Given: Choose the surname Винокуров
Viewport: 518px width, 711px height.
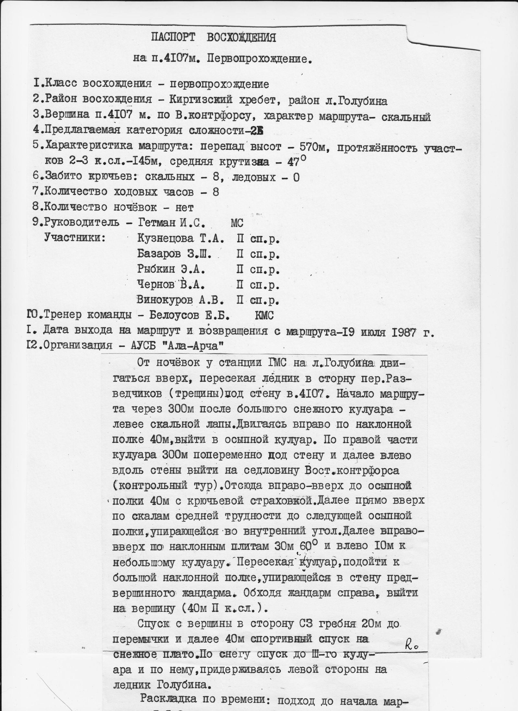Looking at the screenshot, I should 165,300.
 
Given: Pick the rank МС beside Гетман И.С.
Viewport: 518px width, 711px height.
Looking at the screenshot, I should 237,223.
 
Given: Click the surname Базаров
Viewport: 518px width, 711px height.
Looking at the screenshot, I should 159,254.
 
